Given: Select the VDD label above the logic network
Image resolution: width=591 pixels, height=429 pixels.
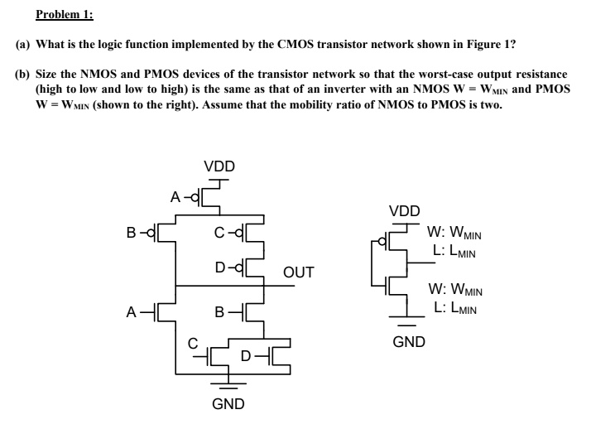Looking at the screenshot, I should pyautogui.click(x=219, y=166).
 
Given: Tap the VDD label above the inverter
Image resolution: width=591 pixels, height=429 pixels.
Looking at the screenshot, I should pyautogui.click(x=404, y=210).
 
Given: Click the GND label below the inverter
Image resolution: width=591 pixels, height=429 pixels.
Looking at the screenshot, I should pyautogui.click(x=409, y=340).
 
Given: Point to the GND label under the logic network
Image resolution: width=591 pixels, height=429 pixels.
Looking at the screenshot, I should pyautogui.click(x=228, y=404).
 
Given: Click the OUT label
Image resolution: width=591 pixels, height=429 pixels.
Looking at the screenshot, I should pyautogui.click(x=299, y=272).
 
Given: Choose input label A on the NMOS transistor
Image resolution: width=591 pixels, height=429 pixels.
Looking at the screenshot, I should pyautogui.click(x=132, y=312).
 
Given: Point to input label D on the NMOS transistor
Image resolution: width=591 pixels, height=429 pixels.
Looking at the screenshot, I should pyautogui.click(x=246, y=356).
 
